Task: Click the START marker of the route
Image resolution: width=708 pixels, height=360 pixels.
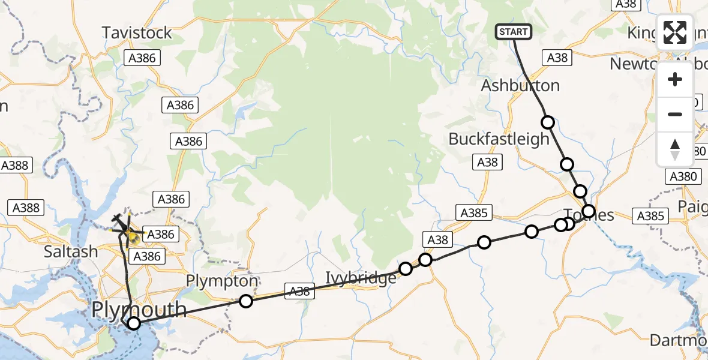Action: point(513,32)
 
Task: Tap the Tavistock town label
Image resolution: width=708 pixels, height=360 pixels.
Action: point(137,32)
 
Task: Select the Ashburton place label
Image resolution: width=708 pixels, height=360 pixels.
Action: point(520,85)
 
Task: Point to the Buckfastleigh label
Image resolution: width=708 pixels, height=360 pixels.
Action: point(490,139)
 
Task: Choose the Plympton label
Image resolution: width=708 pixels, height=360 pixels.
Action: point(222,281)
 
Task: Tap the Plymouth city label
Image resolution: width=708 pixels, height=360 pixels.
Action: point(139,310)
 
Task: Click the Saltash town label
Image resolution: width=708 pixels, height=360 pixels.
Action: point(71,251)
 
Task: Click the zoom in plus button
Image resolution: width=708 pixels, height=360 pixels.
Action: point(675,80)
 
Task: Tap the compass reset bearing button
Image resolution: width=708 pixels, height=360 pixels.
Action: point(675,149)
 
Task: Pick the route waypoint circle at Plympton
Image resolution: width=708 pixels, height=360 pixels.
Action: point(246,301)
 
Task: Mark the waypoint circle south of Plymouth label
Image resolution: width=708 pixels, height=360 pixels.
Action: point(134,324)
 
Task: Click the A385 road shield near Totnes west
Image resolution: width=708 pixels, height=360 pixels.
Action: point(474,212)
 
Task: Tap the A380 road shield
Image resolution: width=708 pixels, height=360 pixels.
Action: point(683,176)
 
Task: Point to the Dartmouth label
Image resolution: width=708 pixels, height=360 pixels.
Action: point(679,340)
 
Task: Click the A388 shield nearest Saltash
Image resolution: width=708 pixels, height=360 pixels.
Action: point(26,208)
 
